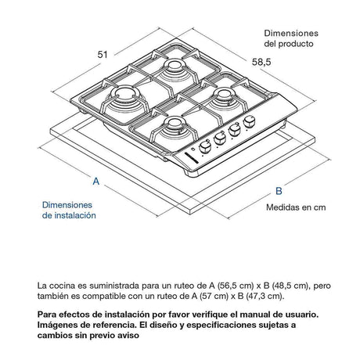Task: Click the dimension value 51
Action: (103, 55)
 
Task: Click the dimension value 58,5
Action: (261, 62)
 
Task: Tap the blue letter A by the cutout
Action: (96, 181)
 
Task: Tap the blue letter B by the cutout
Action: (279, 191)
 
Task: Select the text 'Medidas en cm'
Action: (296, 207)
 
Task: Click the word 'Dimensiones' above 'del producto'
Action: (291, 33)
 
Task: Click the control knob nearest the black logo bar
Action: (205, 147)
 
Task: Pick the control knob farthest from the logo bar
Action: (249, 122)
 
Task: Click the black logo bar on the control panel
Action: (191, 157)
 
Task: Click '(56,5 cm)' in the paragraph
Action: (236, 286)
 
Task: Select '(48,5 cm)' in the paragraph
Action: (290, 286)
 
